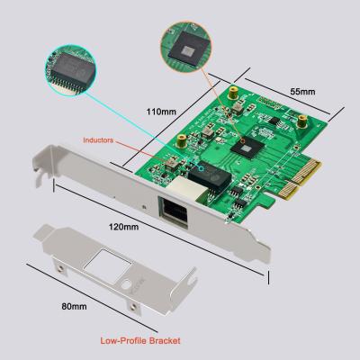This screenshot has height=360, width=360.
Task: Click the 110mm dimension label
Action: click(162, 112)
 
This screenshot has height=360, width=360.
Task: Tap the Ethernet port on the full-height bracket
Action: click(171, 212)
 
